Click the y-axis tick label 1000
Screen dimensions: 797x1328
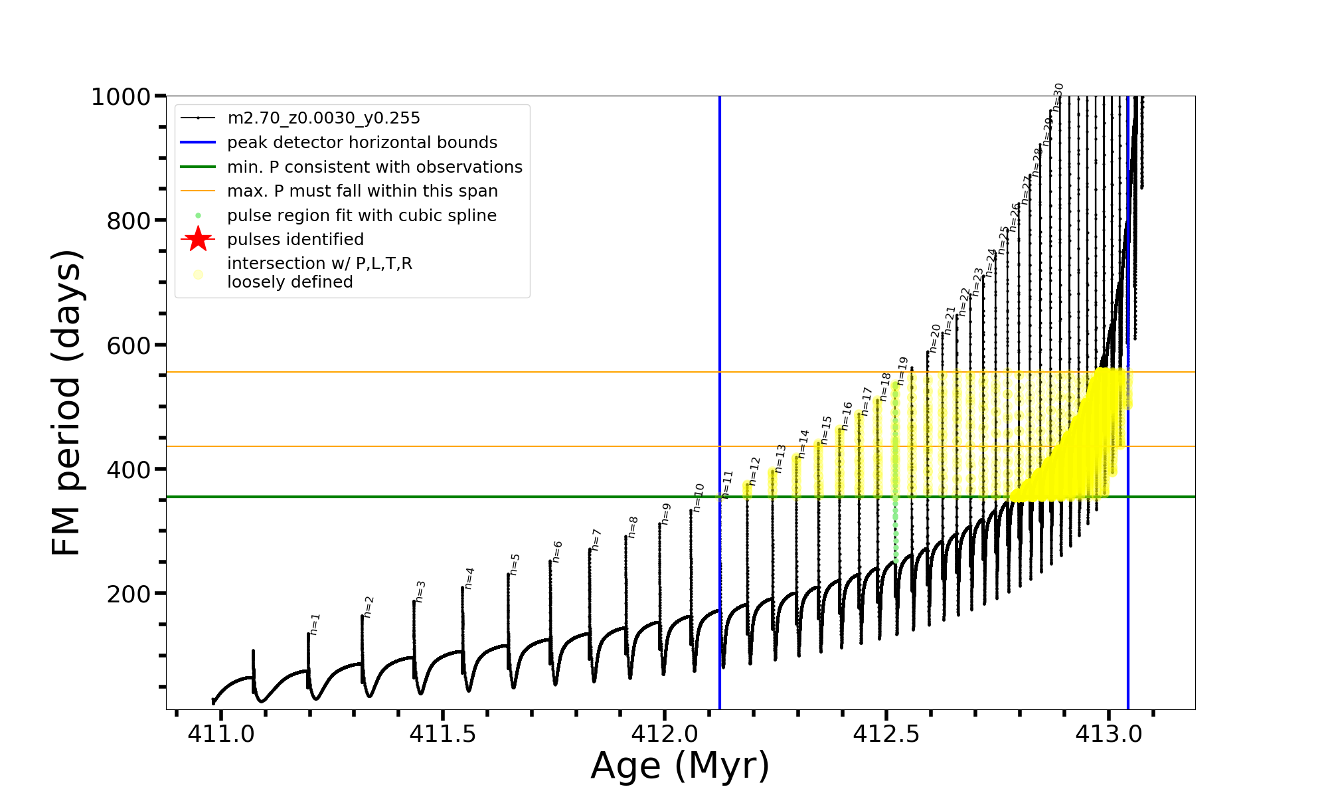(x=121, y=97)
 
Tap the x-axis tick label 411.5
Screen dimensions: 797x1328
(x=443, y=734)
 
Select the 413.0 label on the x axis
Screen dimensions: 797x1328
(x=1109, y=734)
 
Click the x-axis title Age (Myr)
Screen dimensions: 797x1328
(x=680, y=766)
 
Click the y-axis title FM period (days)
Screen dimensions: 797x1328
(x=66, y=402)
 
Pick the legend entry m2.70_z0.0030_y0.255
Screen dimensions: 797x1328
(x=323, y=118)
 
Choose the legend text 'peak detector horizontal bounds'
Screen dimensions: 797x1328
(x=362, y=143)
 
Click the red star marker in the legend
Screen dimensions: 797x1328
(x=198, y=239)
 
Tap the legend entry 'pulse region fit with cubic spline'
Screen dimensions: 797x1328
(x=361, y=216)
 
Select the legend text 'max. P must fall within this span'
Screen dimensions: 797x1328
(x=362, y=191)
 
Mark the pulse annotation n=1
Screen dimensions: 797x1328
(x=315, y=624)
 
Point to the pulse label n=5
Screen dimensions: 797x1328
(x=515, y=564)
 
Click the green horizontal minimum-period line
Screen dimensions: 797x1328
(x=465, y=497)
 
